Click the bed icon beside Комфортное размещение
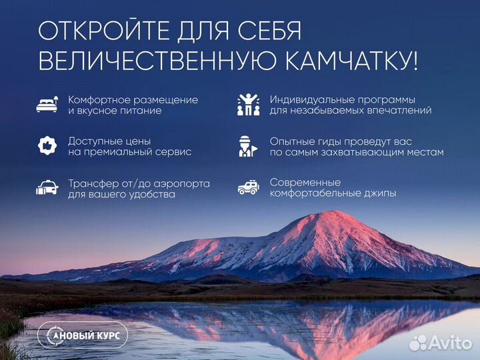pos(47,105)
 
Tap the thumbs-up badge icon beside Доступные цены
pos(47,146)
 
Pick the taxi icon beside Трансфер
pos(47,188)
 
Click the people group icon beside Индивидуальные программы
pos(248,104)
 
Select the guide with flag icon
pos(248,146)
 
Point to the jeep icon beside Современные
pos(248,188)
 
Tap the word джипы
pos(379,193)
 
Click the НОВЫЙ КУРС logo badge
pos(83,335)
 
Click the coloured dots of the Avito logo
pos(418,342)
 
